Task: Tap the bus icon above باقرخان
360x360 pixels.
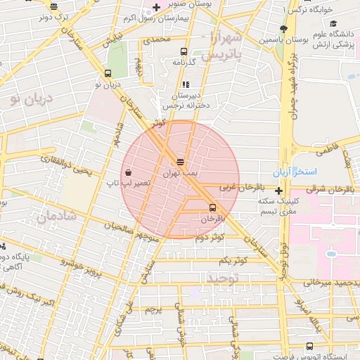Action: coord(212,207)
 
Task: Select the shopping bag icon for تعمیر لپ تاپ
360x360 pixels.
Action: coord(127,172)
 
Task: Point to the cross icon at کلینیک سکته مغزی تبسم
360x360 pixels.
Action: coord(279,191)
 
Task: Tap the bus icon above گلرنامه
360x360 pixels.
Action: coord(184,51)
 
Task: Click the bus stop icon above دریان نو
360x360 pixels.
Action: coord(107,73)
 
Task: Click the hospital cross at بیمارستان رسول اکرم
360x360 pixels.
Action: coord(156,7)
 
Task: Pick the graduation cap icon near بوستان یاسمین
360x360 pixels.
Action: coord(283,29)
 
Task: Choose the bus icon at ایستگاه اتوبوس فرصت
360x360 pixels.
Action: coord(311,346)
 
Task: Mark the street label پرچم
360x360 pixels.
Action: coord(153,309)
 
